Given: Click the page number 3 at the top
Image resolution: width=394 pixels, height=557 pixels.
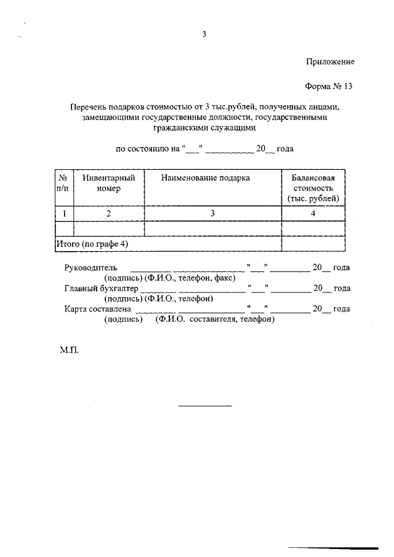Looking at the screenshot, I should coord(204,34).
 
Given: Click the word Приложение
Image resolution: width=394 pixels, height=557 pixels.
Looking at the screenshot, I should coord(331,62).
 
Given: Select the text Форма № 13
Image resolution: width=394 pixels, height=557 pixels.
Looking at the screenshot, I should coord(330,86).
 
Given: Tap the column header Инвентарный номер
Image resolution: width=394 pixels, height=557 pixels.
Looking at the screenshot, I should coord(109,183).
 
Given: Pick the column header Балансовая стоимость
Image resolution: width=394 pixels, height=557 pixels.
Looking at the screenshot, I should coord(313,188).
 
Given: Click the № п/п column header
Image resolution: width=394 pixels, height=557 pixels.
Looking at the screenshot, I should coord(63,183).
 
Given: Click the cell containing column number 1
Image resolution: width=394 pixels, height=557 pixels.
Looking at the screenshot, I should coord(63,214).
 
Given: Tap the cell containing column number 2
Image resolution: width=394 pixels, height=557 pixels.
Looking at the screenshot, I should coord(109,214).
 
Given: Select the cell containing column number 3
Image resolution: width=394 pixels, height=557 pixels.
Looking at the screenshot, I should coord(212,214).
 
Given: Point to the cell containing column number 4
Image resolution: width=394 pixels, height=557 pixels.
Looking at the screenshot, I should coord(313,214).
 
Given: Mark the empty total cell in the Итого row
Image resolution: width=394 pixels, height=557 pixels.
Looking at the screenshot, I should coord(313,244).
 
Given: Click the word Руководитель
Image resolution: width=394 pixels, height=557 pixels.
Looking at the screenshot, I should coord(90,268).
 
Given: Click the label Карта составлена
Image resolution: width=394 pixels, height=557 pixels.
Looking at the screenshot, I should coord(97,309).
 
